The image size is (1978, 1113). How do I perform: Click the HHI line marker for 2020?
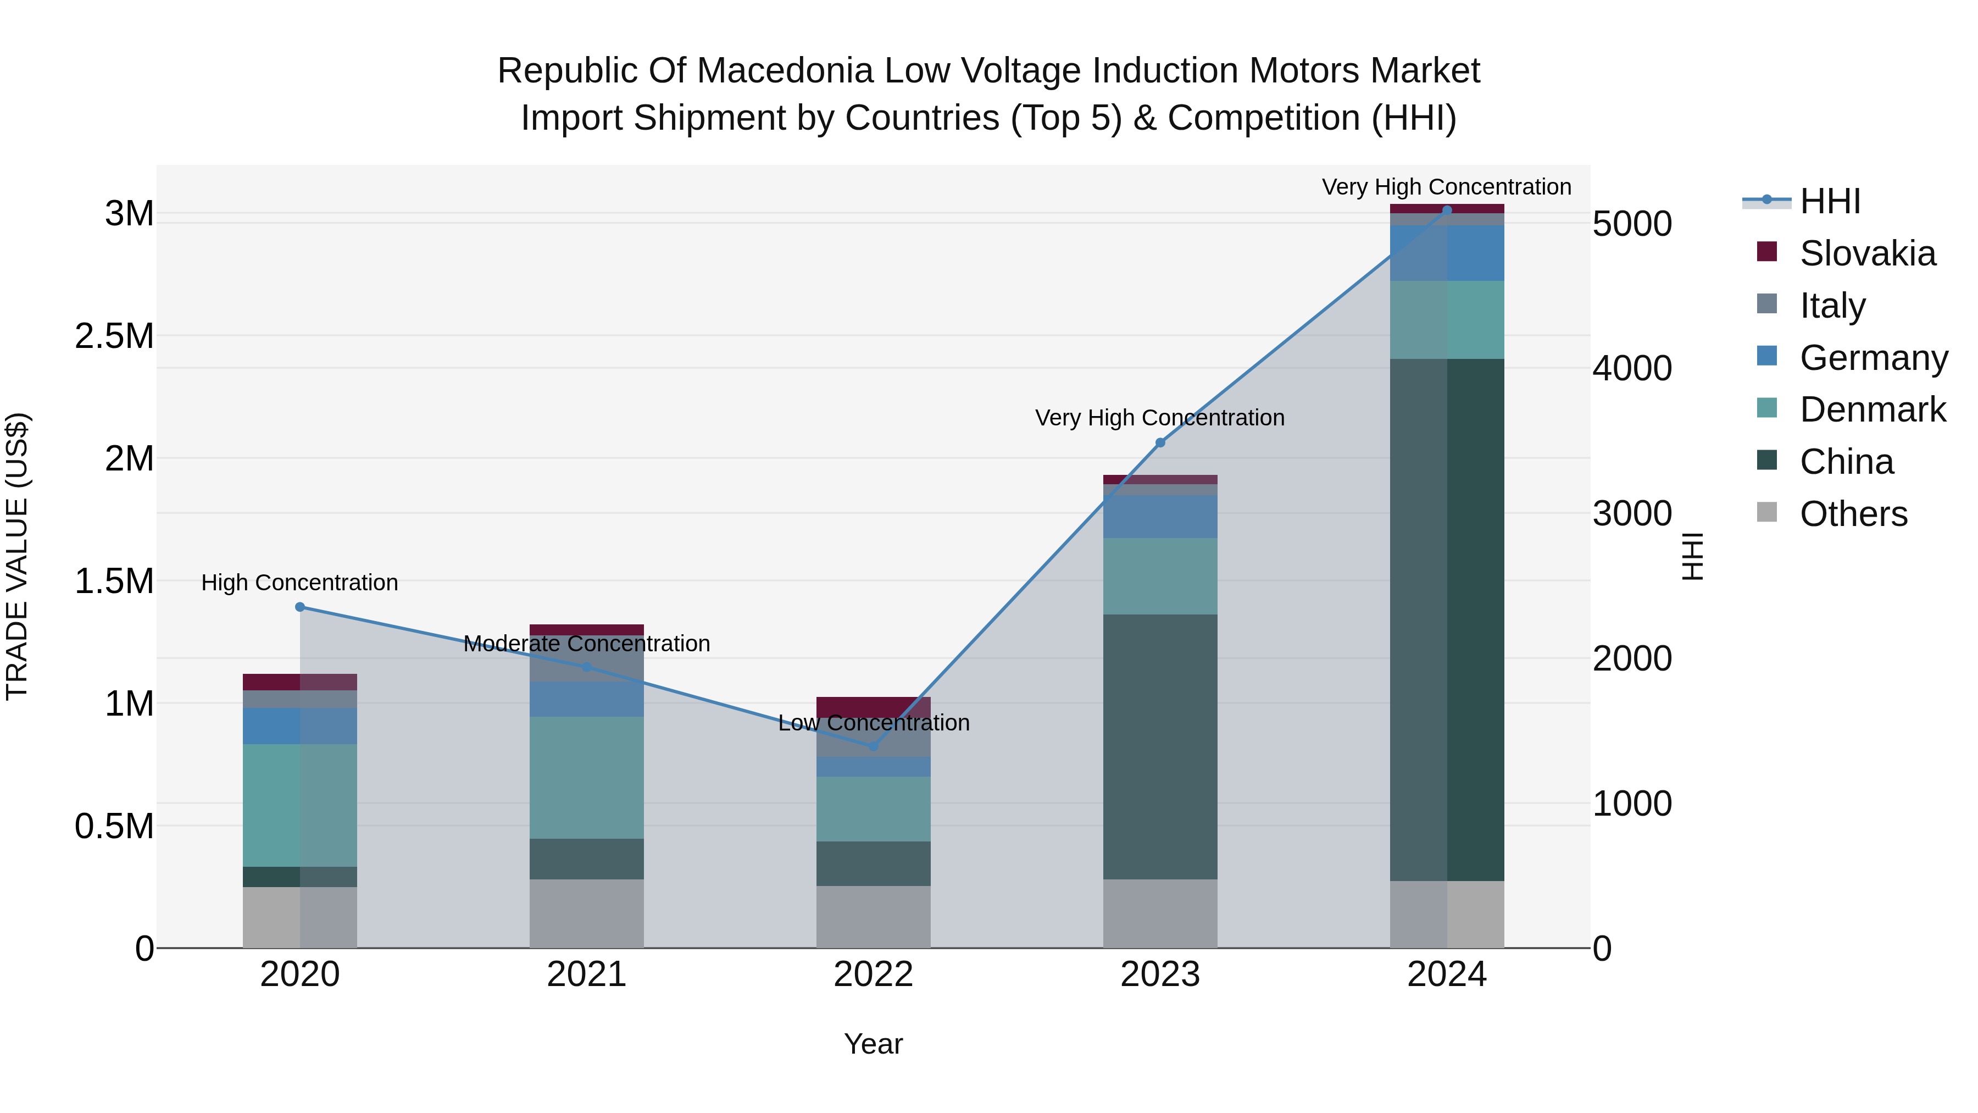(300, 607)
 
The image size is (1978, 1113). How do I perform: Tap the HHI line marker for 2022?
(873, 746)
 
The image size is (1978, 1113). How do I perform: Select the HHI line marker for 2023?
(1160, 442)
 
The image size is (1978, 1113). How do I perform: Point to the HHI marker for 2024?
(1447, 210)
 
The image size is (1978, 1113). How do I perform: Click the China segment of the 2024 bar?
(1447, 614)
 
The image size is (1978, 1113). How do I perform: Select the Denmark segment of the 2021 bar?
(587, 776)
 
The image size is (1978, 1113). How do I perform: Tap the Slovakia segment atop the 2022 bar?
(873, 706)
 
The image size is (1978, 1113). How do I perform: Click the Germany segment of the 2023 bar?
(1160, 516)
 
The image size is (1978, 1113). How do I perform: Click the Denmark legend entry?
(1872, 409)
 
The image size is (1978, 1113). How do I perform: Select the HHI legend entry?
(1829, 201)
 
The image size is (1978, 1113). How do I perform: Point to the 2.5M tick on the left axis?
(114, 336)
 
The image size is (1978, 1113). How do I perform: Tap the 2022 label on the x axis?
(873, 974)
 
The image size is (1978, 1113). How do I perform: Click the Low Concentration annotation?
(873, 723)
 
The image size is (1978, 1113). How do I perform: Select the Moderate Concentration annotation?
(587, 644)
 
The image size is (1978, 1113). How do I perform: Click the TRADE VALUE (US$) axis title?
(17, 556)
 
